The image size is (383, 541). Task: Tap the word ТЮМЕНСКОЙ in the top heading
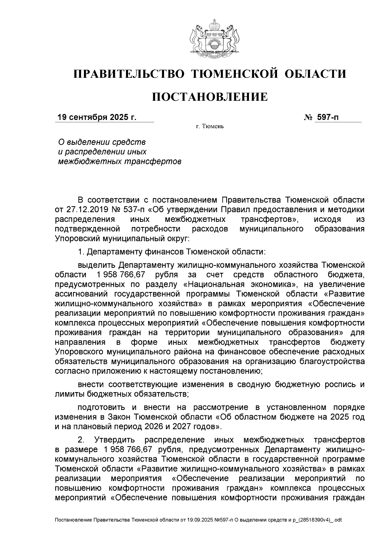[234, 74]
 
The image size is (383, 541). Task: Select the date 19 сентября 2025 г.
[97, 117]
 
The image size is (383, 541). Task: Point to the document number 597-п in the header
[327, 117]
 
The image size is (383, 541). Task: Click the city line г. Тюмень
[210, 127]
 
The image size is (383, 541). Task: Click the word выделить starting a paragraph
[96, 265]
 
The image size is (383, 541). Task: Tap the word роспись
[342, 384]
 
